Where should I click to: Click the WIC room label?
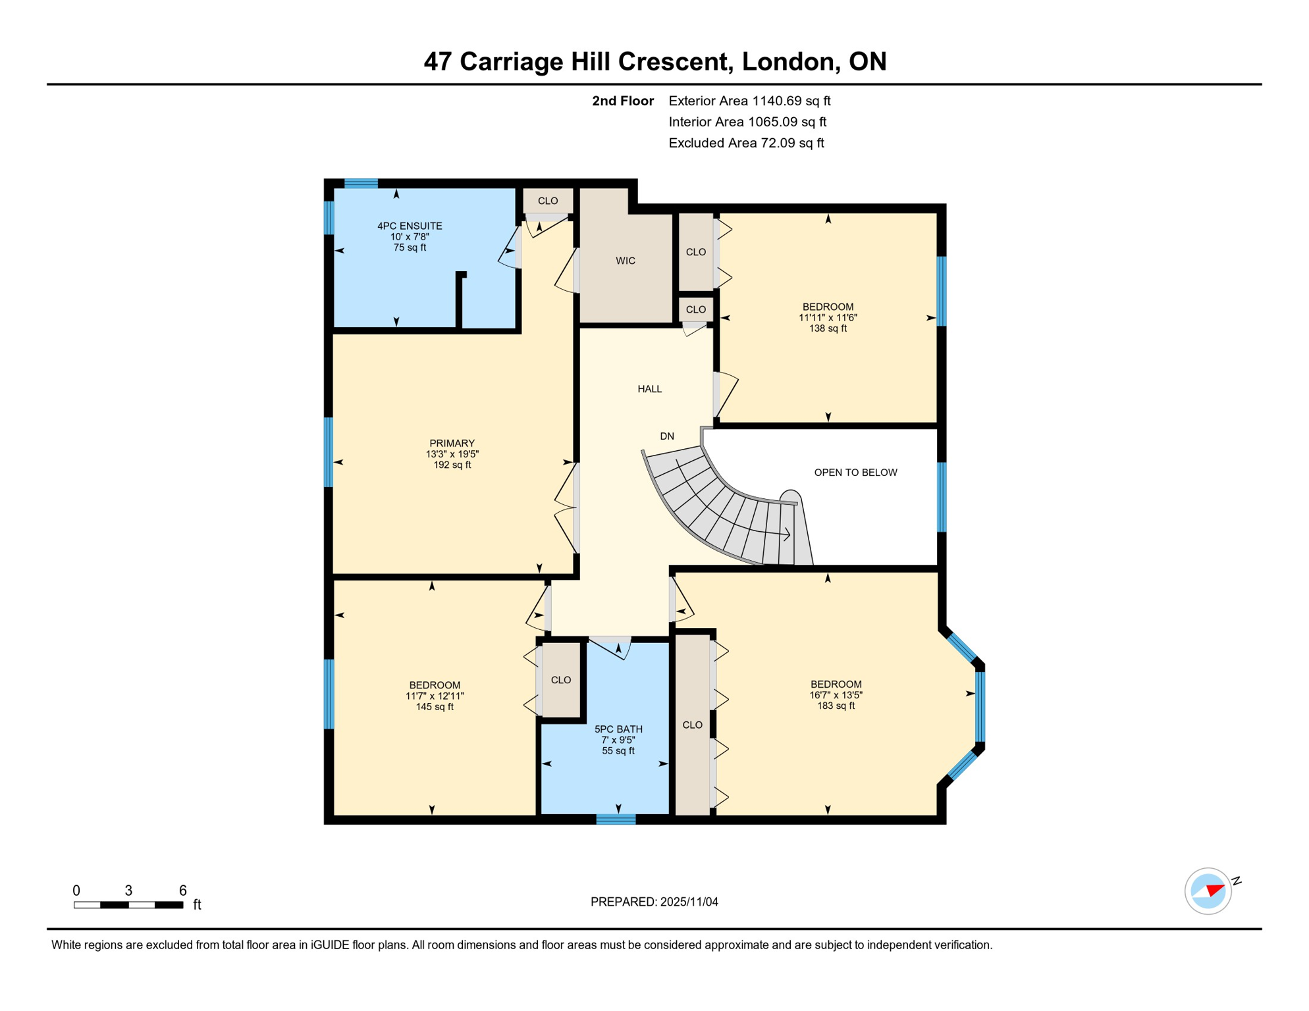tap(625, 261)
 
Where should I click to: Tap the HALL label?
tap(649, 389)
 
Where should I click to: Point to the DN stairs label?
tap(666, 436)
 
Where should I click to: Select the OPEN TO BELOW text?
tap(855, 472)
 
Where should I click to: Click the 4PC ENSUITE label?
tap(409, 226)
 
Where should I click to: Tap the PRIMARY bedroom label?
tap(452, 443)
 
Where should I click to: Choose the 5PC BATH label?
tap(618, 729)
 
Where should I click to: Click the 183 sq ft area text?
tap(836, 706)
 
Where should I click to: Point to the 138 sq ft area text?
tap(828, 328)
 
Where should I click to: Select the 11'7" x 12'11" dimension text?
tap(435, 696)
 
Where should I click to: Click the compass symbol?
tap(1208, 891)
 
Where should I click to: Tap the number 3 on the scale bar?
tap(128, 891)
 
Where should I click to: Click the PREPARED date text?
tap(654, 901)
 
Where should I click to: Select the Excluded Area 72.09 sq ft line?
tap(745, 143)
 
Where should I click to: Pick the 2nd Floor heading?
tap(622, 101)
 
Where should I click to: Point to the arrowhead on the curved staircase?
tap(787, 534)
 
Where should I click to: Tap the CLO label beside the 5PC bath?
tap(560, 680)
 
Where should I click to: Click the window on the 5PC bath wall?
tap(616, 819)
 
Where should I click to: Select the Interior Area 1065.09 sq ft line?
tap(747, 122)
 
